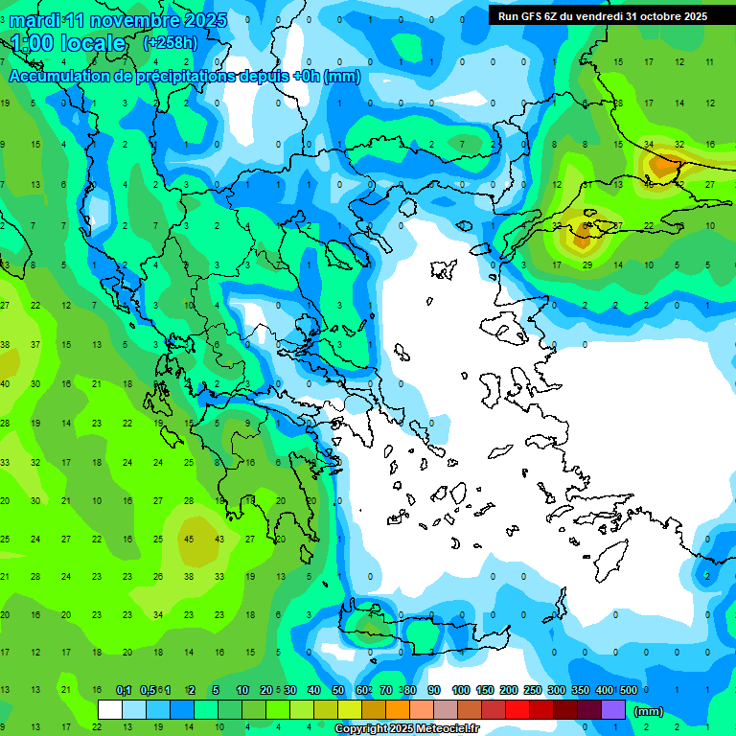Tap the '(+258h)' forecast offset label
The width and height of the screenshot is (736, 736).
pyautogui.click(x=171, y=42)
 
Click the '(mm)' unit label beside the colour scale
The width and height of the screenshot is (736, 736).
pyautogui.click(x=649, y=711)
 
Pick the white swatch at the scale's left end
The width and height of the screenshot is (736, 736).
pyautogui.click(x=110, y=710)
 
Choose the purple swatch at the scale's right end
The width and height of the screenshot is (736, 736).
pyautogui.click(x=613, y=710)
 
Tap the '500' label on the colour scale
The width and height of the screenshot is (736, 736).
pyautogui.click(x=628, y=690)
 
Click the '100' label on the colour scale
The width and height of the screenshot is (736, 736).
pyautogui.click(x=460, y=690)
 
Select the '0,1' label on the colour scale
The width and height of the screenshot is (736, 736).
pyautogui.click(x=124, y=690)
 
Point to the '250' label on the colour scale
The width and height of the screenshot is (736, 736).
pyautogui.click(x=532, y=690)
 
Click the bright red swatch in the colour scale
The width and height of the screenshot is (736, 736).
pyautogui.click(x=517, y=710)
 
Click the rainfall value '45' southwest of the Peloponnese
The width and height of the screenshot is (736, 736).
pyautogui.click(x=189, y=539)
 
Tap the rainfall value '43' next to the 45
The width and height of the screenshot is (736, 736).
pyautogui.click(x=219, y=539)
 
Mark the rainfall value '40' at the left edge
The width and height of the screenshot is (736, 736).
pyautogui.click(x=5, y=383)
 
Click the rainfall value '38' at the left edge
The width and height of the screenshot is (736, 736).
pyautogui.click(x=5, y=344)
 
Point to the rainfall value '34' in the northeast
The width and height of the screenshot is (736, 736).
pyautogui.click(x=649, y=145)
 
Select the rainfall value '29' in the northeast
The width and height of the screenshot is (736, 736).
pyautogui.click(x=587, y=264)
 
